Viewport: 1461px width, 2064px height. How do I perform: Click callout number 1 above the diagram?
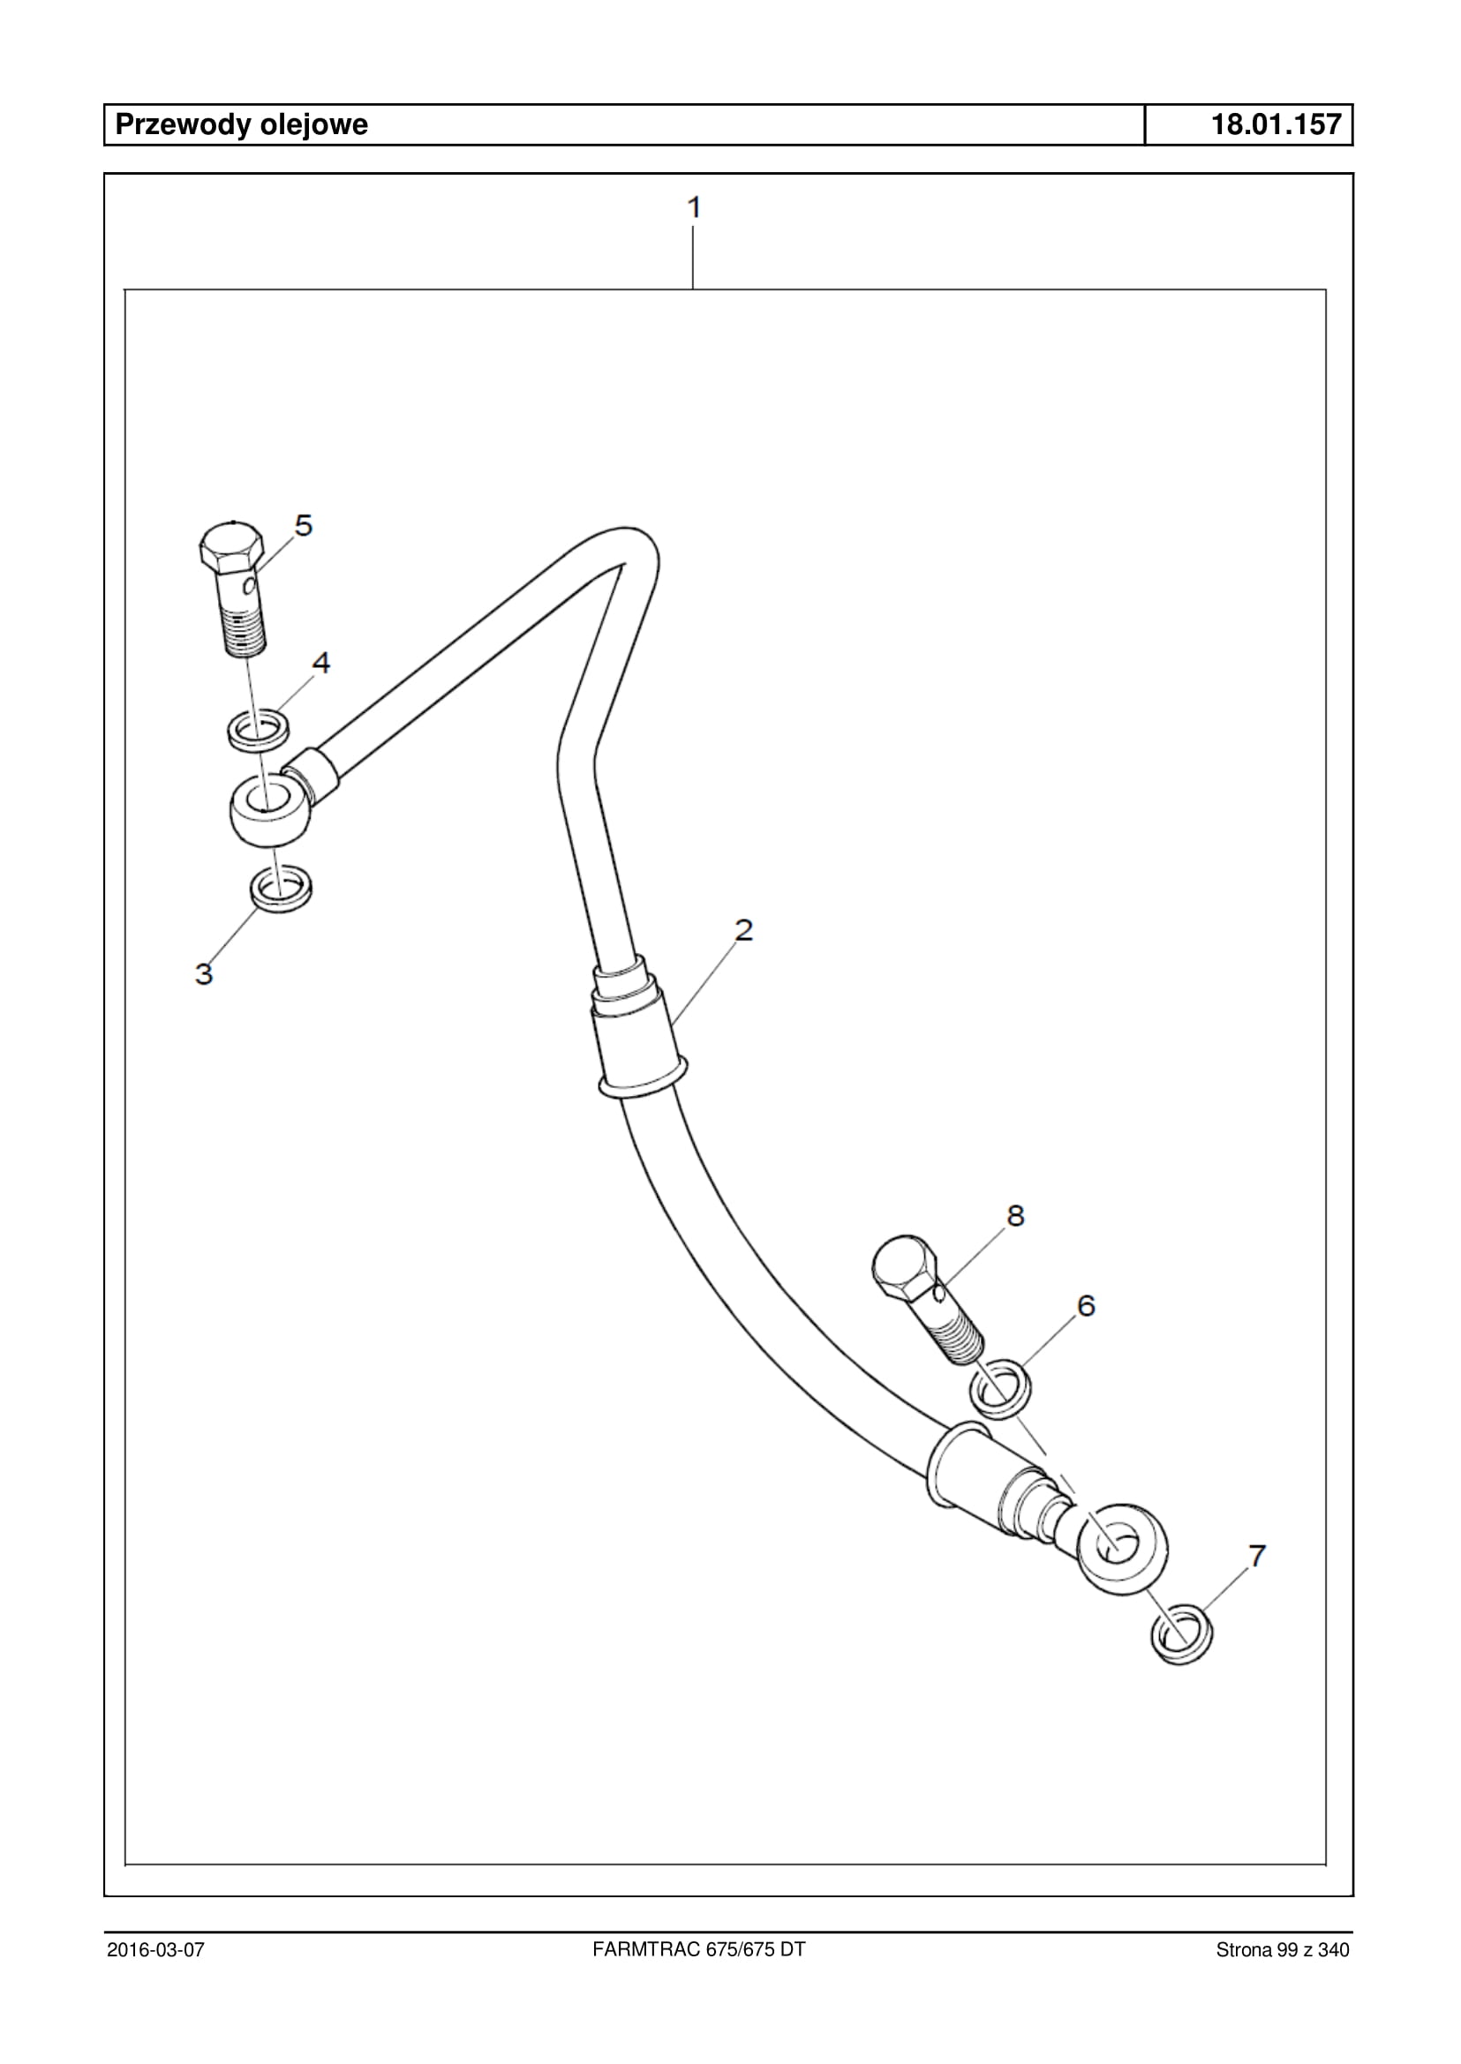coord(694,207)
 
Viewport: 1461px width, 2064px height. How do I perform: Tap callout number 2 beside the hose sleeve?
coord(743,930)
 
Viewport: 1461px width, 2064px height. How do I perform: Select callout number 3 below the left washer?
coord(204,973)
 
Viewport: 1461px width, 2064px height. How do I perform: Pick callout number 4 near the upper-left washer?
coord(321,663)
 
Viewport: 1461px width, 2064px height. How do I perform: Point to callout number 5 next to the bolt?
coord(304,525)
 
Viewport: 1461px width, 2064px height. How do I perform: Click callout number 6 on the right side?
coord(1086,1305)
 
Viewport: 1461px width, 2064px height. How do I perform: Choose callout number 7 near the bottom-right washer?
coord(1257,1555)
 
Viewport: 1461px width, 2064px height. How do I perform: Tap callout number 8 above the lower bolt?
coord(1015,1216)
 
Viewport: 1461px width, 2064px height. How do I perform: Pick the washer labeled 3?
coord(281,889)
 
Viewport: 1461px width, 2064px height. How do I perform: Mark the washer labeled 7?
coord(1181,1634)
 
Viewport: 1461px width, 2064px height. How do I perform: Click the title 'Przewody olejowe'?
coord(241,124)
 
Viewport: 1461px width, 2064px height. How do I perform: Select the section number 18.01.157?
coord(1276,124)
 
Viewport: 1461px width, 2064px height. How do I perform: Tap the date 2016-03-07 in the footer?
coord(155,1950)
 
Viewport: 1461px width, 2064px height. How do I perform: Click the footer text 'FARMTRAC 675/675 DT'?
coord(699,1949)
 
